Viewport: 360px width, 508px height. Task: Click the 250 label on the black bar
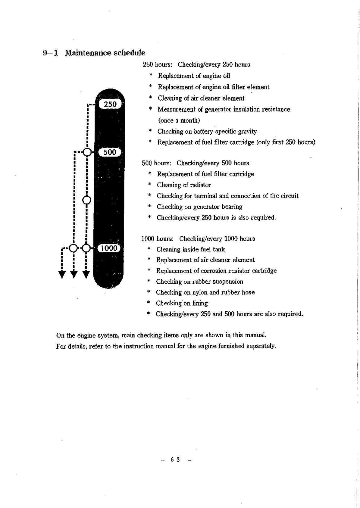tap(110, 104)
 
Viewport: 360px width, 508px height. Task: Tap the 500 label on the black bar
tap(110, 152)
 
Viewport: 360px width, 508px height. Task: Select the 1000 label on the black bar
tap(109, 248)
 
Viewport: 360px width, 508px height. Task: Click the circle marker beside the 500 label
tap(87, 152)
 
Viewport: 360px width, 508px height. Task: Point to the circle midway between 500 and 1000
tap(87, 200)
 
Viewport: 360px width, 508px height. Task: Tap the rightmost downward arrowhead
tap(86, 275)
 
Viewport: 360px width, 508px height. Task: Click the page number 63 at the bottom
tap(175, 460)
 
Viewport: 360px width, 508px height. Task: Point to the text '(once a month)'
tap(179, 120)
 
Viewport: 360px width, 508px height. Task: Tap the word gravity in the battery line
tap(247, 132)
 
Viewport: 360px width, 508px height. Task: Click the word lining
tap(200, 303)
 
